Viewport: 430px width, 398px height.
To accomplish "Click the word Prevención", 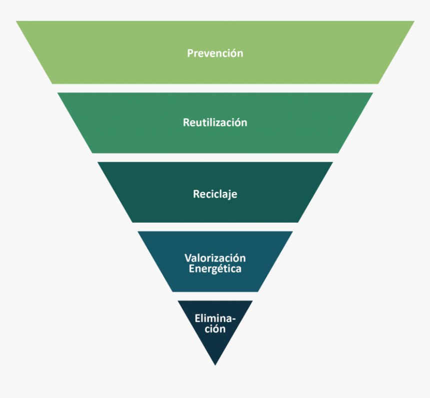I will (215, 53).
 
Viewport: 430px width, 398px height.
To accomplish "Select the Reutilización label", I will (215, 122).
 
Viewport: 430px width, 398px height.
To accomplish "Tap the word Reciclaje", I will (215, 194).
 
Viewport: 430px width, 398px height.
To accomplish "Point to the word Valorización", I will (215, 258).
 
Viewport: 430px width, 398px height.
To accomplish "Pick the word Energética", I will (215, 269).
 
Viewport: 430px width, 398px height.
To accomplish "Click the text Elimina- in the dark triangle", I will (215, 319).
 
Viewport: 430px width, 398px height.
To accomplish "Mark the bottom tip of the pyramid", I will (215, 365).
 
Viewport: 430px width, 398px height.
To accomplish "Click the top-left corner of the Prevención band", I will (17, 21).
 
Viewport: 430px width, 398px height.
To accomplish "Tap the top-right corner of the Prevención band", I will (413, 21).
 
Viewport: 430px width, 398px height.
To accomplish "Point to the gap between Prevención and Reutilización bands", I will (215, 88).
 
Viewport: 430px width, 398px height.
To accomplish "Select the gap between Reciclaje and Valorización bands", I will (215, 227).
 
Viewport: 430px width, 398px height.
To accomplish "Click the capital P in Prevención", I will (190, 53).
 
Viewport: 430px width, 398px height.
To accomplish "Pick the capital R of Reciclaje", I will (196, 194).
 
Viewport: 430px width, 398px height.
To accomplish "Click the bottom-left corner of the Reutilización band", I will (92, 152).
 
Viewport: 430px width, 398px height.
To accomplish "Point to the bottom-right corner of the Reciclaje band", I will (298, 222).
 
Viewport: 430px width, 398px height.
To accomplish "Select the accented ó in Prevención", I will (232, 53).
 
